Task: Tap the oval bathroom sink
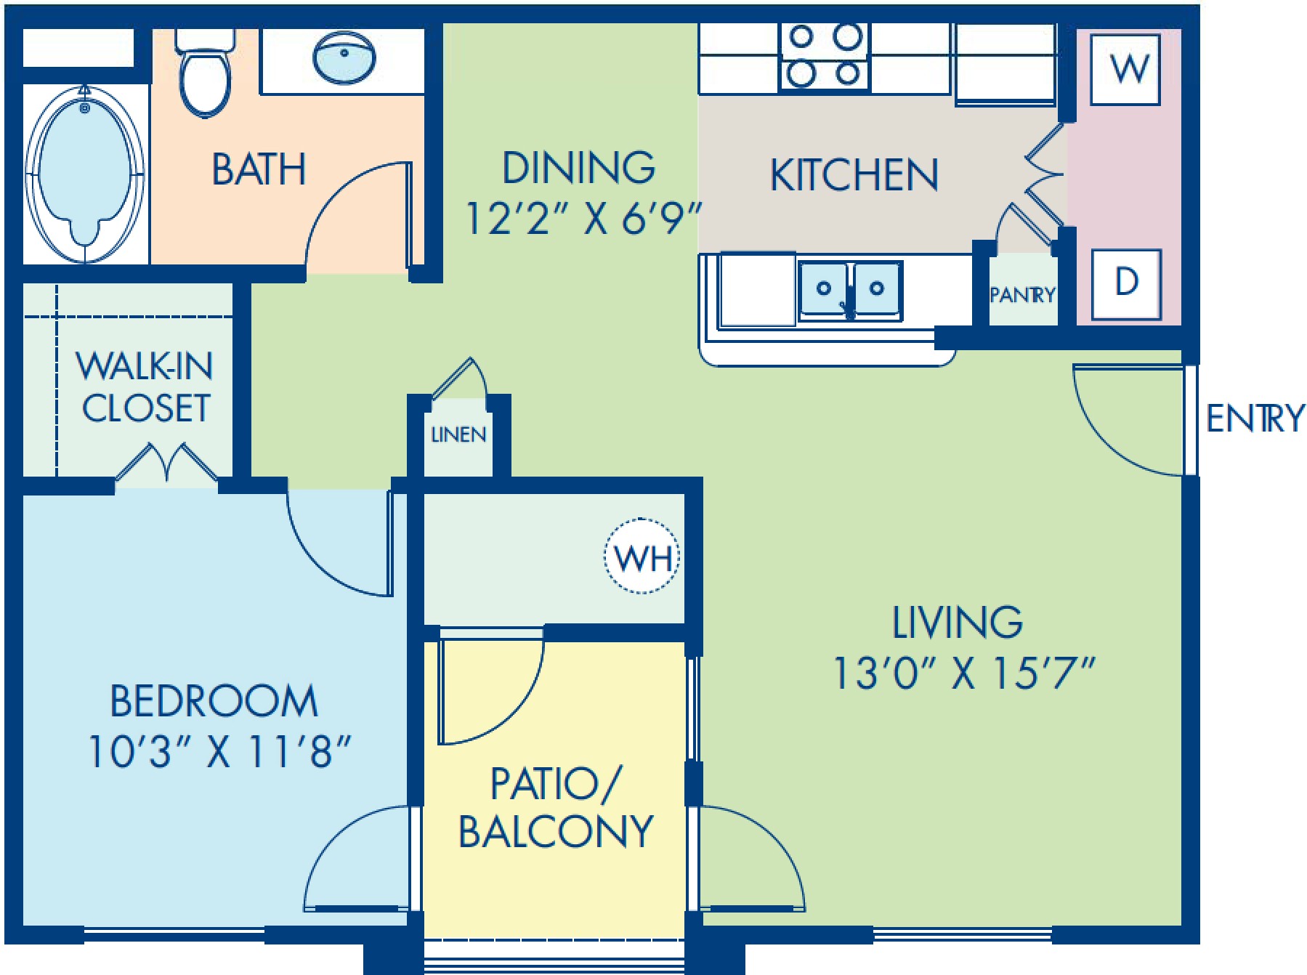[344, 57]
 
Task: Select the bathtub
[85, 174]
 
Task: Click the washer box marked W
[1125, 69]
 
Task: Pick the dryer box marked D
[1126, 283]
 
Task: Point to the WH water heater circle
[642, 557]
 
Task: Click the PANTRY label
[1022, 295]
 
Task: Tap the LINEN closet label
[458, 434]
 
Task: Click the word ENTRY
[1255, 418]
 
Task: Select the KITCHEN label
[854, 175]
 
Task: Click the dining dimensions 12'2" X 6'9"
[583, 218]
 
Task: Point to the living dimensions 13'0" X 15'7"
[963, 673]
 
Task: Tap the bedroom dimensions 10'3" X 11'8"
[219, 751]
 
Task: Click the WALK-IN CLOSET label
[145, 387]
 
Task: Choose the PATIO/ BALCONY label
[556, 808]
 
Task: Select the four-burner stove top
[825, 57]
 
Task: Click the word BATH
[259, 169]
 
